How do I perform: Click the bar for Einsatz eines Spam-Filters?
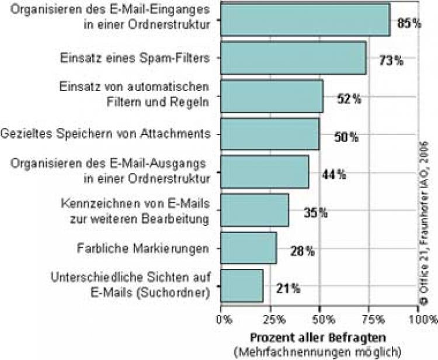(x=294, y=58)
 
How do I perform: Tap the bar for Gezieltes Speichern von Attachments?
(x=270, y=134)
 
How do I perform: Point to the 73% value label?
(x=391, y=60)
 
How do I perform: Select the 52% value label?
(x=349, y=99)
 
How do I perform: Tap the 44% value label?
(x=334, y=174)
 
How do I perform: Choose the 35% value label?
(x=315, y=212)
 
